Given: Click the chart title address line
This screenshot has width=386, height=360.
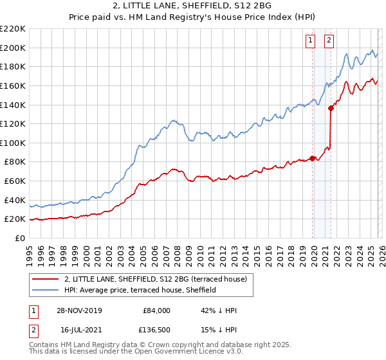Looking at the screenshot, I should coord(192,6).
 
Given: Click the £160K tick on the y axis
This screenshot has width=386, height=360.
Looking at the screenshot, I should coord(13,85).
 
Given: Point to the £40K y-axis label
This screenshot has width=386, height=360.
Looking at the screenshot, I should coord(15,200).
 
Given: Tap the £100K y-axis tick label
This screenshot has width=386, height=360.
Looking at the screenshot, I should coord(13,143).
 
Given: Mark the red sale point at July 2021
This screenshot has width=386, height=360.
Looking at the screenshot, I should coord(331,108).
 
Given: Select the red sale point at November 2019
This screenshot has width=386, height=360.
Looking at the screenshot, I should coord(313,157).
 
